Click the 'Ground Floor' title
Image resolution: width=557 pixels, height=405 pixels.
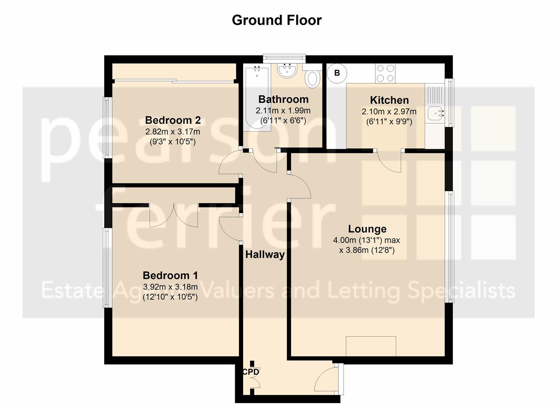(x=277, y=20)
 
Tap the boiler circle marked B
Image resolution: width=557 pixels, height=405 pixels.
(x=337, y=73)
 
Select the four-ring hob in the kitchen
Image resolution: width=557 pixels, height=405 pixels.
(x=385, y=73)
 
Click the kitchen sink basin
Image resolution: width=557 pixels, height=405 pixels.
(x=435, y=114)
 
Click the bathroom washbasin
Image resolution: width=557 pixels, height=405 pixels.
(x=287, y=70)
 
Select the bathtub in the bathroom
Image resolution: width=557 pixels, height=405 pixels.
(x=257, y=98)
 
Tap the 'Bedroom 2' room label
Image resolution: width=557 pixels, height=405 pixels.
(x=173, y=120)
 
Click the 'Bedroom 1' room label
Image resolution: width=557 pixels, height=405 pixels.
(x=170, y=276)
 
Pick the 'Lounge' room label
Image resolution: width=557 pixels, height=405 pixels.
(x=367, y=229)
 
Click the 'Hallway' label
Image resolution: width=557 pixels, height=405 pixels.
(x=265, y=255)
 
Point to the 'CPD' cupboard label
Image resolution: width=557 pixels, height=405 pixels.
(x=251, y=372)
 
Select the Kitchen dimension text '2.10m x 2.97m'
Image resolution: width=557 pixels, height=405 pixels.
(x=389, y=112)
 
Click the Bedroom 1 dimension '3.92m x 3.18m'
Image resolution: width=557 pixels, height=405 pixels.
(x=170, y=287)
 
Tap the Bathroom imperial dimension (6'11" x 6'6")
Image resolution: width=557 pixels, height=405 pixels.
(x=283, y=121)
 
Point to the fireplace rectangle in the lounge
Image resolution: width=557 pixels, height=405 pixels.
(x=371, y=346)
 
